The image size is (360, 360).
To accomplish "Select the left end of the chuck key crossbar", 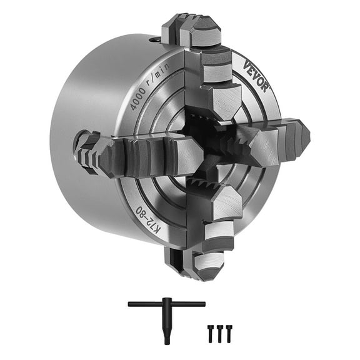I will click(131, 304).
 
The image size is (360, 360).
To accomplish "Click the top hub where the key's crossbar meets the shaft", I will click(166, 305).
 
